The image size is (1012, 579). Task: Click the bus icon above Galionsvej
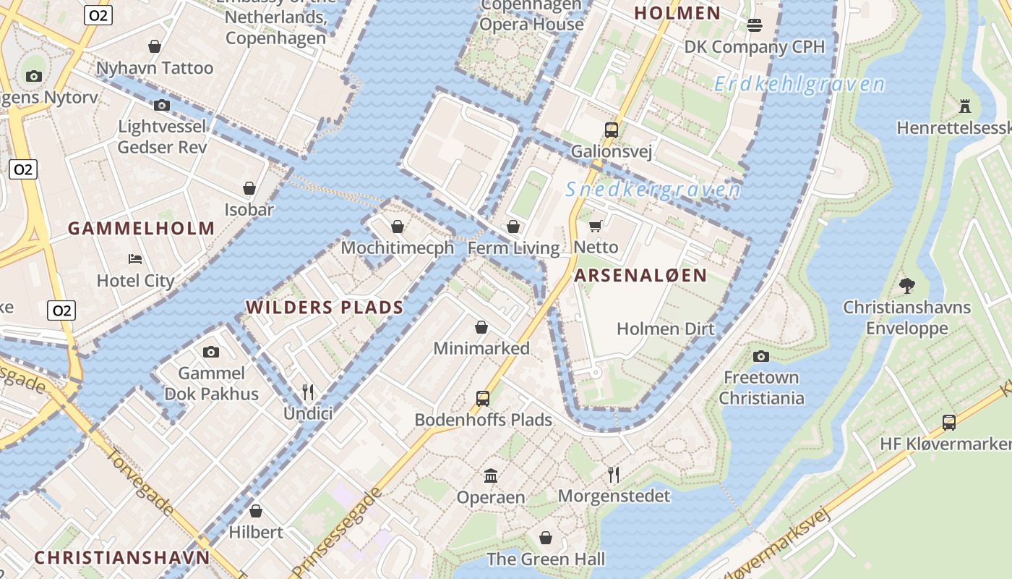[x=612, y=130]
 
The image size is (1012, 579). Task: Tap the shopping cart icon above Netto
[x=596, y=227]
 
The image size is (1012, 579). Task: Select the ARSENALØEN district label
[x=640, y=276]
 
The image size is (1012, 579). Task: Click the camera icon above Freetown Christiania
[x=760, y=356]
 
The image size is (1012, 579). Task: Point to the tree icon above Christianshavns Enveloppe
[x=907, y=285]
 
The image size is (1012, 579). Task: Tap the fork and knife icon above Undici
[x=308, y=392]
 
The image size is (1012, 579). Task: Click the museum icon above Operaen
[x=491, y=476]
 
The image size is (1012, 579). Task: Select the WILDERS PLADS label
[x=325, y=308]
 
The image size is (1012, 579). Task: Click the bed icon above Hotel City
[x=135, y=259]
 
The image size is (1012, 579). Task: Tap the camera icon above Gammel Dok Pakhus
[x=211, y=352]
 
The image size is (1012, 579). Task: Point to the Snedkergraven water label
[x=653, y=190]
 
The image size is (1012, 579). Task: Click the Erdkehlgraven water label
[x=799, y=85]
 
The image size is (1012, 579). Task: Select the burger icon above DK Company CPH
[x=755, y=26]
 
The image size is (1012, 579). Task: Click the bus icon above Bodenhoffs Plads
[x=482, y=398]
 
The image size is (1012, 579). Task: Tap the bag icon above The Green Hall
[x=546, y=538]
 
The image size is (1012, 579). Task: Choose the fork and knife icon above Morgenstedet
[x=614, y=474]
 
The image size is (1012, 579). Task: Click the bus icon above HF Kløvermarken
[x=949, y=422]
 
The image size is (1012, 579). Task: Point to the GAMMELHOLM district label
[x=142, y=229]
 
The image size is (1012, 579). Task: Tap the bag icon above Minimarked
[x=481, y=327]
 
